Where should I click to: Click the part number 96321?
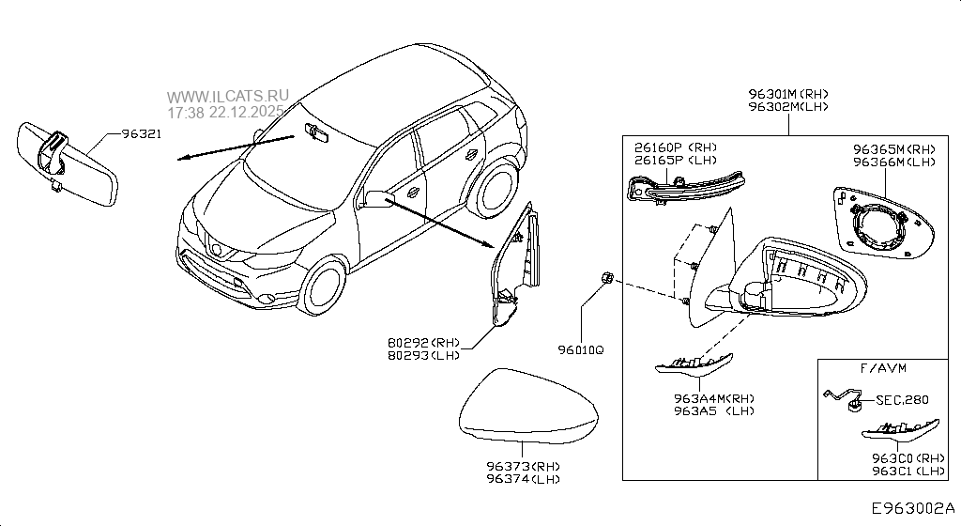click(x=141, y=134)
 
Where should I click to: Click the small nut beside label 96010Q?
click(x=606, y=278)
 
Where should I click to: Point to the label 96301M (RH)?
click(x=788, y=94)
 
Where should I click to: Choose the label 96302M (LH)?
click(x=788, y=107)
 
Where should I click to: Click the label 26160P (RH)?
click(x=675, y=148)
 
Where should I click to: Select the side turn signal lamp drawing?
click(x=684, y=187)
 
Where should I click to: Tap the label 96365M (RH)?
click(x=893, y=149)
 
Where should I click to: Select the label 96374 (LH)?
click(x=523, y=480)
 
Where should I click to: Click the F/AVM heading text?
click(x=883, y=367)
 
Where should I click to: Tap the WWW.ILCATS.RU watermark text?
click(x=229, y=97)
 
